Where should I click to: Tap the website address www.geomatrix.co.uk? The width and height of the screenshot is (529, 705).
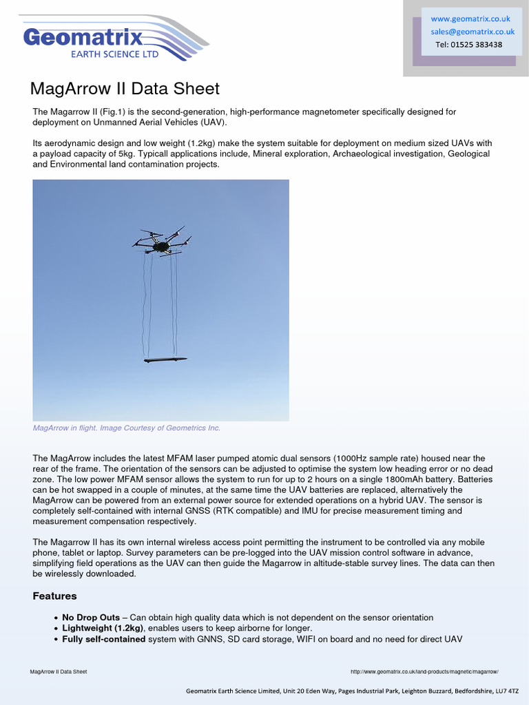(470, 19)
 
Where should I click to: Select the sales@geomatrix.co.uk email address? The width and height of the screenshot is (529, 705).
(473, 31)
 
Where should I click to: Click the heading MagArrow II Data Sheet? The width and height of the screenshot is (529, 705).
(125, 89)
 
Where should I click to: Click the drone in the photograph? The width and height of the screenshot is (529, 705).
(162, 242)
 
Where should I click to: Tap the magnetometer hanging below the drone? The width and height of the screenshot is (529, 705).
(165, 359)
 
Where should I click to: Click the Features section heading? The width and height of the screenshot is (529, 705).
(54, 596)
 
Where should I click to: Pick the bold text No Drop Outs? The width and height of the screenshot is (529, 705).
(90, 618)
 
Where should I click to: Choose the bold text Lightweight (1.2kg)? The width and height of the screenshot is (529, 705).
(103, 629)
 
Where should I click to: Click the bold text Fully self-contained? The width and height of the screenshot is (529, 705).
(103, 640)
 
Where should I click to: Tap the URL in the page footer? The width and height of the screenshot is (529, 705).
(424, 671)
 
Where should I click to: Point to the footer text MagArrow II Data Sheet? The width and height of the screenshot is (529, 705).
(59, 671)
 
